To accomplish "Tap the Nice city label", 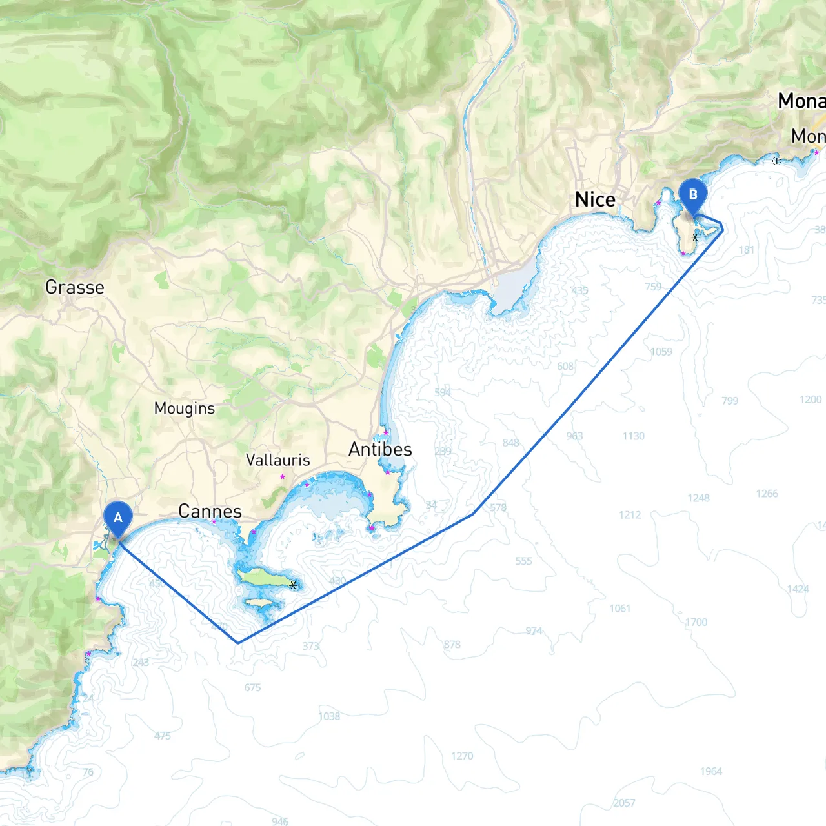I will coord(595,200).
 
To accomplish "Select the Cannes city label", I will coord(210,512).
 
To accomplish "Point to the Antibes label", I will coord(380,449).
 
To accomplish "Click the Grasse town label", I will coord(75,287).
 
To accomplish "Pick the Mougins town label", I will coord(185,408).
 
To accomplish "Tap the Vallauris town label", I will coord(278,460).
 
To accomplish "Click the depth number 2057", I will coord(624,803).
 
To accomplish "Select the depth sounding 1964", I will coord(711,771).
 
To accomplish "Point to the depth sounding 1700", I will coord(696,622).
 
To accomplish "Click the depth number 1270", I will coord(462,756).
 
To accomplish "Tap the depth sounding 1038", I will coord(329,716).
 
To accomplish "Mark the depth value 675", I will coord(253,688).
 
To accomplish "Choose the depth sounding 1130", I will coord(634,436).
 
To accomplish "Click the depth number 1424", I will coord(798,589).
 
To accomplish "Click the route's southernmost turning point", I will coord(238,643).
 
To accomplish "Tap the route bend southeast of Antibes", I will coord(474,514).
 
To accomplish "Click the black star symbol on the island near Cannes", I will coord(294,585).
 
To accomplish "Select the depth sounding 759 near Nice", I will coord(653,287).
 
